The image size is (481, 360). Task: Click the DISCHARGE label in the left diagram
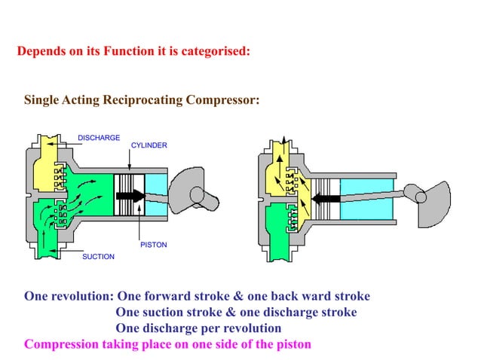(x=99, y=138)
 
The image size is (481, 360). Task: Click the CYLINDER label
(x=149, y=145)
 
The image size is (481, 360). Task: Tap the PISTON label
(x=154, y=245)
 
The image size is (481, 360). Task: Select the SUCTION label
(x=98, y=257)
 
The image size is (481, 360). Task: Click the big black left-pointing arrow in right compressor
(x=326, y=200)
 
